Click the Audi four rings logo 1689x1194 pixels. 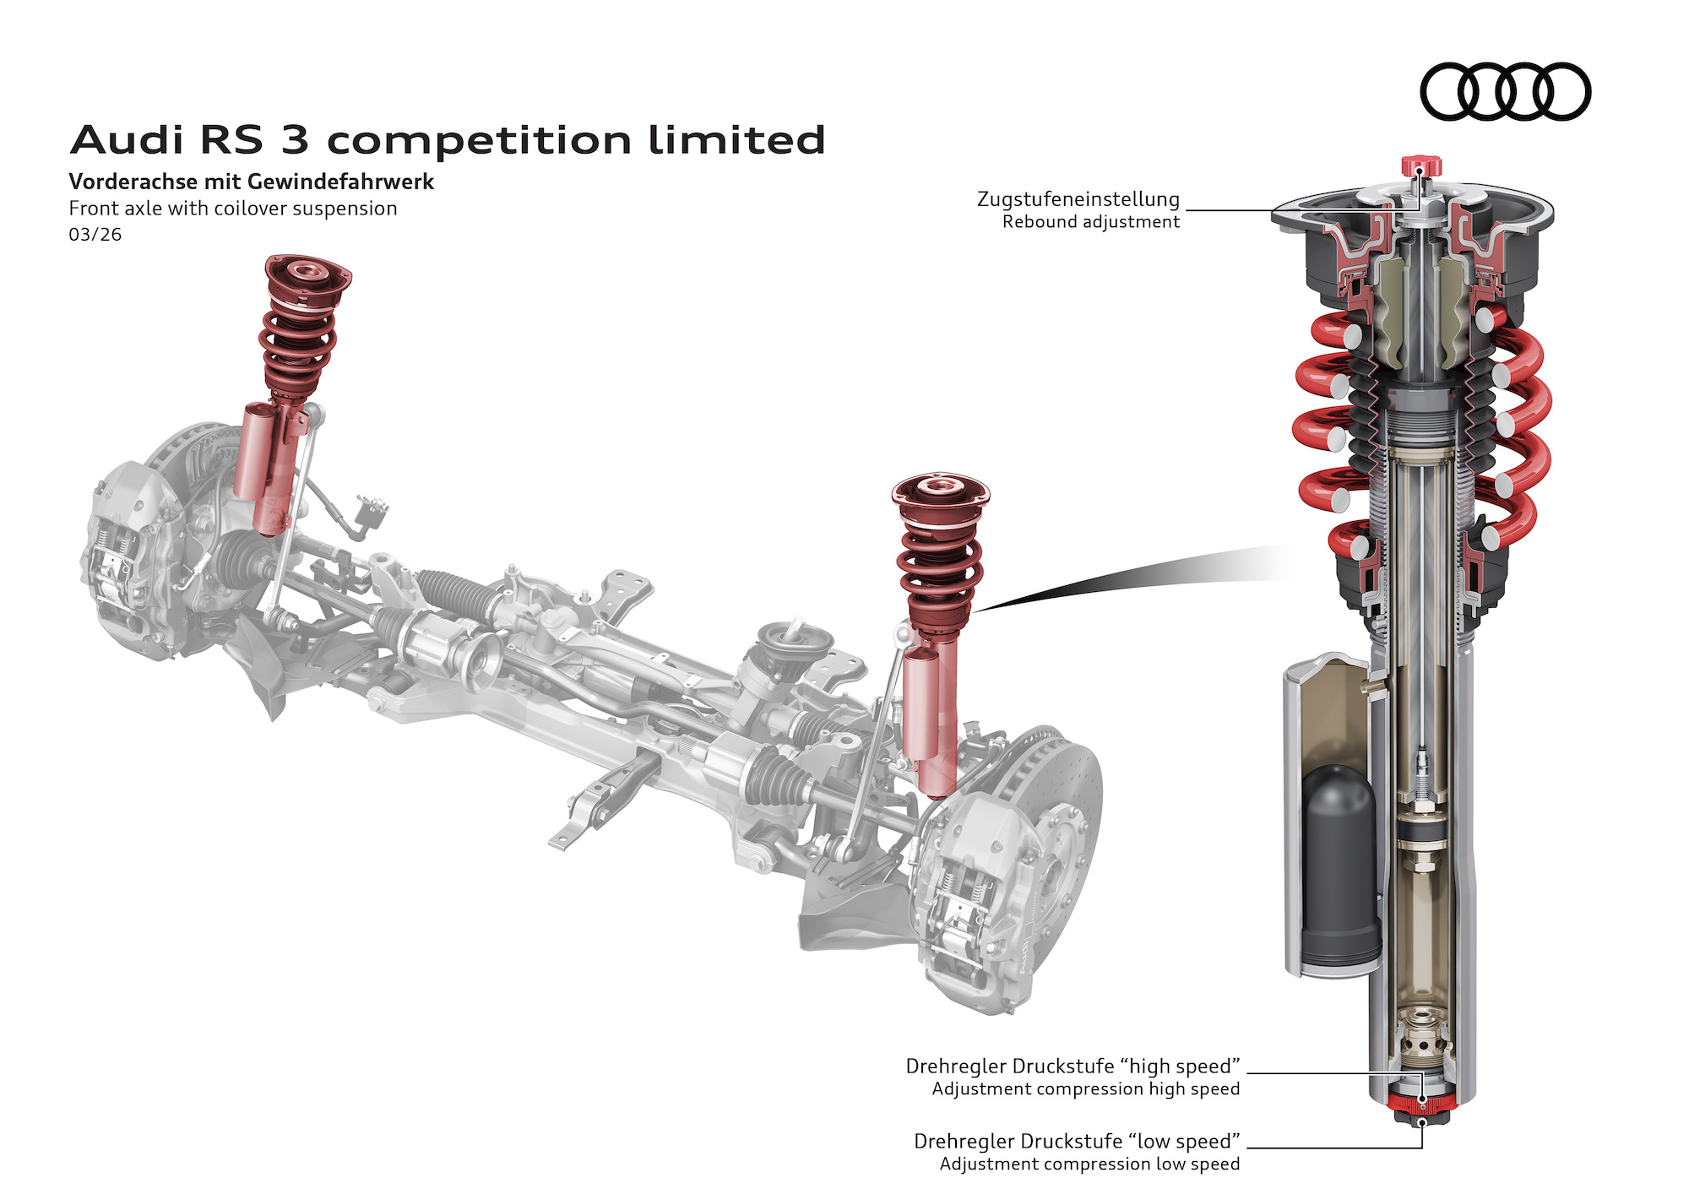(1505, 91)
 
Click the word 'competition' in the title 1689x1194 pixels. (478, 141)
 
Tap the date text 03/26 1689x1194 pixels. (95, 235)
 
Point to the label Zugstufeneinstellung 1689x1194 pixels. (1078, 199)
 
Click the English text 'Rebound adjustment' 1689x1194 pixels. (1090, 222)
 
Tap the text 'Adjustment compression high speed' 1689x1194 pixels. (1085, 1089)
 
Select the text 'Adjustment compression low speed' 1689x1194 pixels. (1089, 1164)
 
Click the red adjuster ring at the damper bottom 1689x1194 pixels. (1421, 1103)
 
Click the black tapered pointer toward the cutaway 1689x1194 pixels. (1132, 578)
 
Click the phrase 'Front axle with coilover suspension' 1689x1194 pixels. (232, 209)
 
